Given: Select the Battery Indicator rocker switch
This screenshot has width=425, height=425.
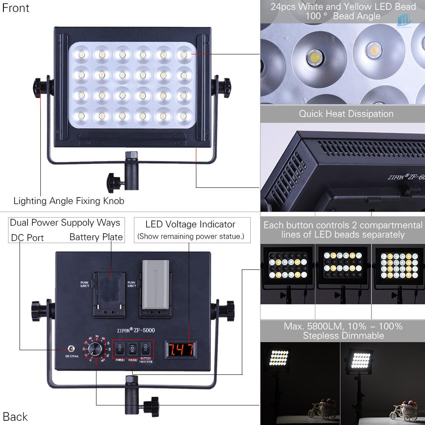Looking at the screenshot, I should click(x=146, y=350).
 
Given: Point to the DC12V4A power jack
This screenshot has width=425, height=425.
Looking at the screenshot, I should click(x=66, y=349).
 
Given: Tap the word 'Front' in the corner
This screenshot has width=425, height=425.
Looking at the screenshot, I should click(x=16, y=8).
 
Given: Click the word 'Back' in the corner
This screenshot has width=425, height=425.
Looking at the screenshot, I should click(x=15, y=416).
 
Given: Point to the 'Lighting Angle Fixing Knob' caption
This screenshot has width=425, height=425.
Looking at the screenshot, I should click(x=69, y=201).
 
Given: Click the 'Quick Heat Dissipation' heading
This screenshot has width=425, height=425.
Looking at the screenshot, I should click(x=346, y=114).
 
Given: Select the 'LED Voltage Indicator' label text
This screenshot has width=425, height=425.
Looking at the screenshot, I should click(x=190, y=224).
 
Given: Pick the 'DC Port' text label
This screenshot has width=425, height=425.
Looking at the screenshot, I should click(x=27, y=238).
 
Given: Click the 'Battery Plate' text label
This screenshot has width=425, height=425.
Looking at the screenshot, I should click(x=96, y=237).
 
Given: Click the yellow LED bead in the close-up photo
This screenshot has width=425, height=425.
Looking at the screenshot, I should click(x=374, y=50).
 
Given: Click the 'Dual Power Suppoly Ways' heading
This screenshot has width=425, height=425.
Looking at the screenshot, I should click(x=65, y=223).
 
